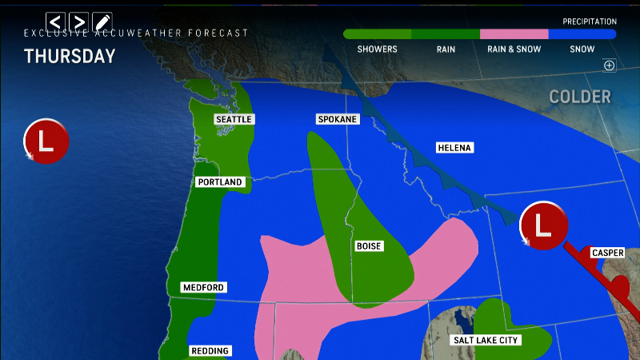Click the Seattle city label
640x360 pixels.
point(234,119)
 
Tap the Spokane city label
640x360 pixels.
point(337,119)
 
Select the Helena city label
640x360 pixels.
point(455,148)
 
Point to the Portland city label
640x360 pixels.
point(220,182)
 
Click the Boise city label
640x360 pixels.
point(369,246)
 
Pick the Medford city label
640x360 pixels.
point(202,287)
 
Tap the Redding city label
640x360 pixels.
point(210,350)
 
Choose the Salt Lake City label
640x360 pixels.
point(487,340)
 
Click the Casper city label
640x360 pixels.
point(607,253)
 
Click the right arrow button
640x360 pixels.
point(78,21)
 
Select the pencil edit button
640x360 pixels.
point(102,21)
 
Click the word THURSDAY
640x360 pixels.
point(70,56)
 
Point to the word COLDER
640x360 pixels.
point(580,97)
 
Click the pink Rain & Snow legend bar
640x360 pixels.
point(514,34)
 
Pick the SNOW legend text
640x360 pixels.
point(582,49)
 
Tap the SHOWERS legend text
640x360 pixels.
point(377,49)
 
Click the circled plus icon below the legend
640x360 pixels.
point(609,66)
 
